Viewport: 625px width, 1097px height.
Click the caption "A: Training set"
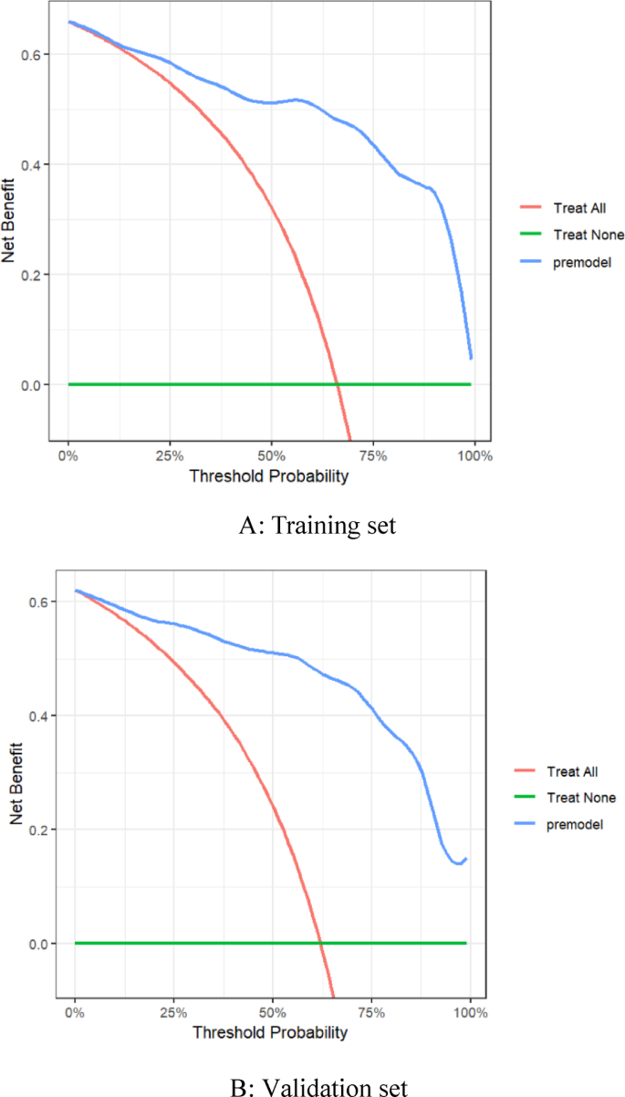(x=313, y=527)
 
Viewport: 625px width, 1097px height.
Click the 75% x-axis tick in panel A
(x=372, y=455)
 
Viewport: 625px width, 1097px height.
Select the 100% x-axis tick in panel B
(x=470, y=1012)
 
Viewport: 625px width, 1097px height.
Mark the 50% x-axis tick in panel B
(x=273, y=1012)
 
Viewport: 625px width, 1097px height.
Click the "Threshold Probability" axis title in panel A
(x=270, y=475)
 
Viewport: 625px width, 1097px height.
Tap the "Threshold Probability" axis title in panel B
(x=270, y=1032)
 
